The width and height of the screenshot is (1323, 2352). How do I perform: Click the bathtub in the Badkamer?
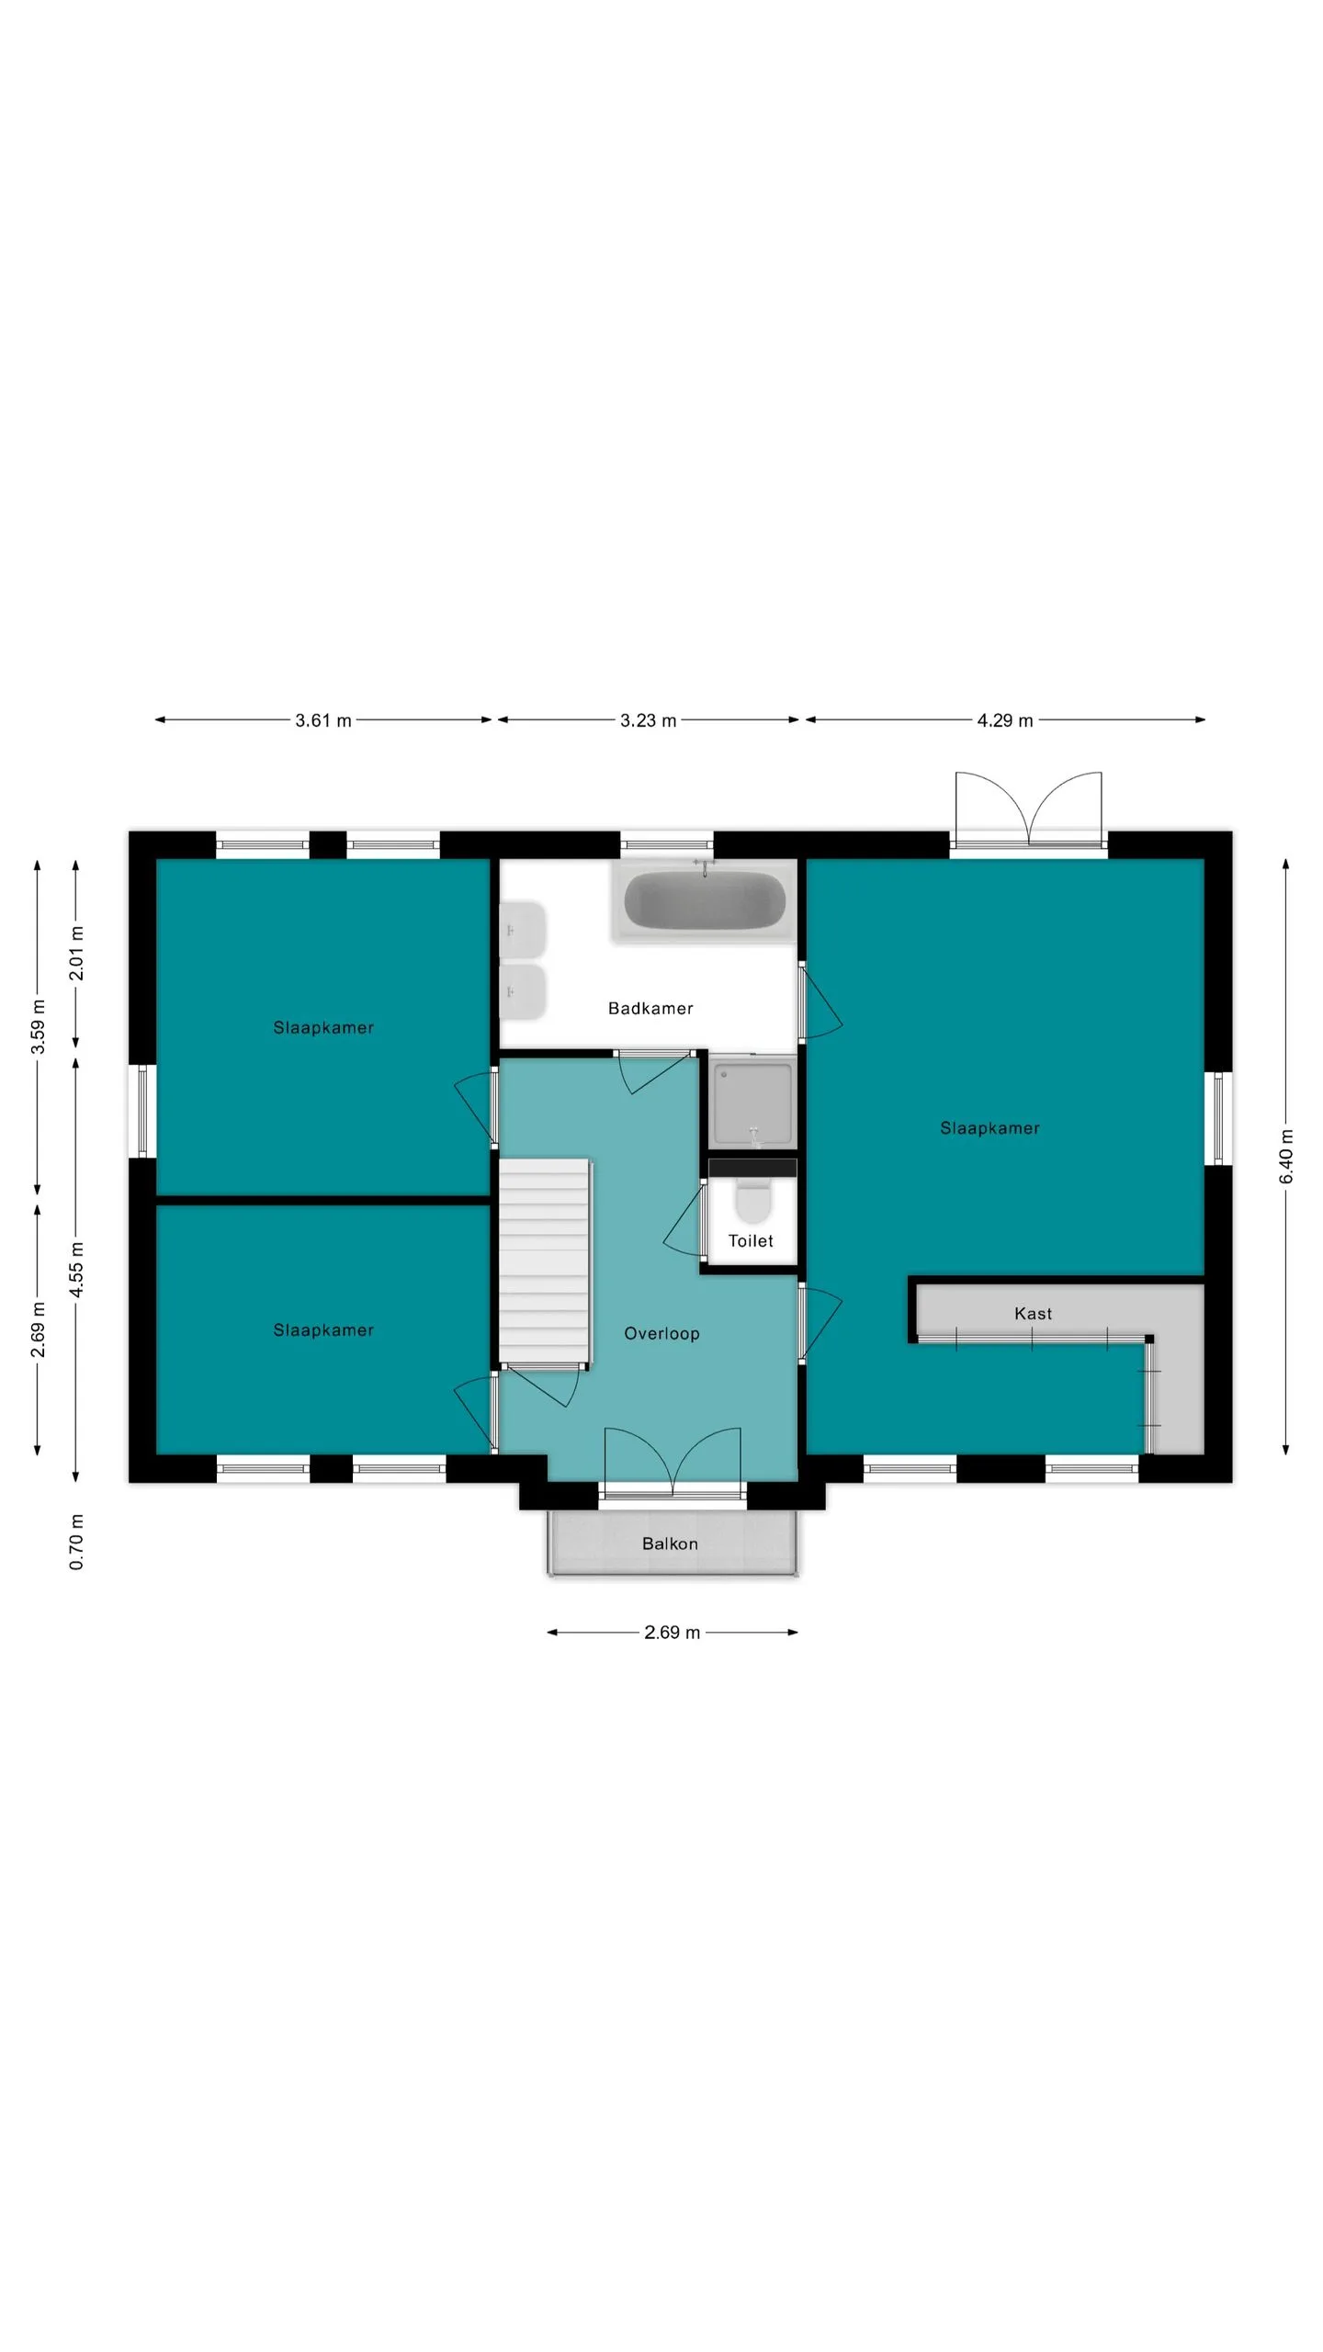pyautogui.click(x=705, y=900)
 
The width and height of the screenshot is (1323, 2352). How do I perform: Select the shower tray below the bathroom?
pyautogui.click(x=752, y=1102)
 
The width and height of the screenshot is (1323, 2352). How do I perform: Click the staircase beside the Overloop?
pyautogui.click(x=544, y=1263)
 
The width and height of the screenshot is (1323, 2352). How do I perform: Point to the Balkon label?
pyautogui.click(x=670, y=1543)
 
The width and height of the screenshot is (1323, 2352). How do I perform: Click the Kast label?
pyautogui.click(x=1033, y=1314)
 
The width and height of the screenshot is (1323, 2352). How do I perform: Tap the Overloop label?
pyautogui.click(x=661, y=1333)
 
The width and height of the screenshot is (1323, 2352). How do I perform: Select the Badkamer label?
pyautogui.click(x=650, y=1008)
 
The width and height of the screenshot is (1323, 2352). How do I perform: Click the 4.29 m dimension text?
pyautogui.click(x=1005, y=720)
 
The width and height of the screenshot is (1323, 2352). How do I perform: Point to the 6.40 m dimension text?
pyautogui.click(x=1286, y=1156)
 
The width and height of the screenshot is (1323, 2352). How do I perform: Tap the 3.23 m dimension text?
pyautogui.click(x=648, y=720)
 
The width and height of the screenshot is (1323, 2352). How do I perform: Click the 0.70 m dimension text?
pyautogui.click(x=76, y=1542)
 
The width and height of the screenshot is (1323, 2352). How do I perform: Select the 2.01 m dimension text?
pyautogui.click(x=76, y=953)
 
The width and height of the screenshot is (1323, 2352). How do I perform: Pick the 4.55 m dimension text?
pyautogui.click(x=76, y=1269)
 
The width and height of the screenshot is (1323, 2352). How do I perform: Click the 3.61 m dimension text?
pyautogui.click(x=323, y=720)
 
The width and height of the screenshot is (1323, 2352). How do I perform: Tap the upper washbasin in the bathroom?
pyautogui.click(x=523, y=930)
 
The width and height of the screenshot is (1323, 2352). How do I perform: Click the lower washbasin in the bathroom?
pyautogui.click(x=523, y=991)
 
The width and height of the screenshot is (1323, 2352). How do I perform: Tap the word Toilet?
pyautogui.click(x=751, y=1240)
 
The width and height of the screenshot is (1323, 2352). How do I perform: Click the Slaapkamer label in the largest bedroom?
pyautogui.click(x=989, y=1127)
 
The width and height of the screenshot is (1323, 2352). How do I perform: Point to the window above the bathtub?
pyautogui.click(x=667, y=844)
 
